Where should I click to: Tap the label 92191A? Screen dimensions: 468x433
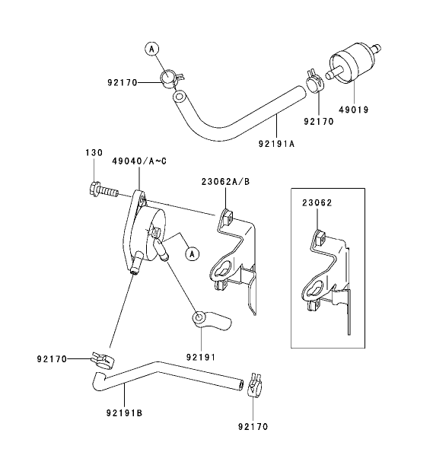pos(276,143)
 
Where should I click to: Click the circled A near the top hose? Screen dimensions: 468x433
pos(151,49)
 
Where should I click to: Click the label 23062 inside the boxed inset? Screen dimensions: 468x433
pos(317,203)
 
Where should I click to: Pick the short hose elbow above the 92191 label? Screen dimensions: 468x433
pos(209,320)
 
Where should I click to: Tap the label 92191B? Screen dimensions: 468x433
pos(125,414)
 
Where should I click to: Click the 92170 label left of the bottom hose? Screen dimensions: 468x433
pos(52,358)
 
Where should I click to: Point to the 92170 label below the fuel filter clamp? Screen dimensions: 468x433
pos(320,120)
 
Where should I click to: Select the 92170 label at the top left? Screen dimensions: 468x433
pos(121,81)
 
